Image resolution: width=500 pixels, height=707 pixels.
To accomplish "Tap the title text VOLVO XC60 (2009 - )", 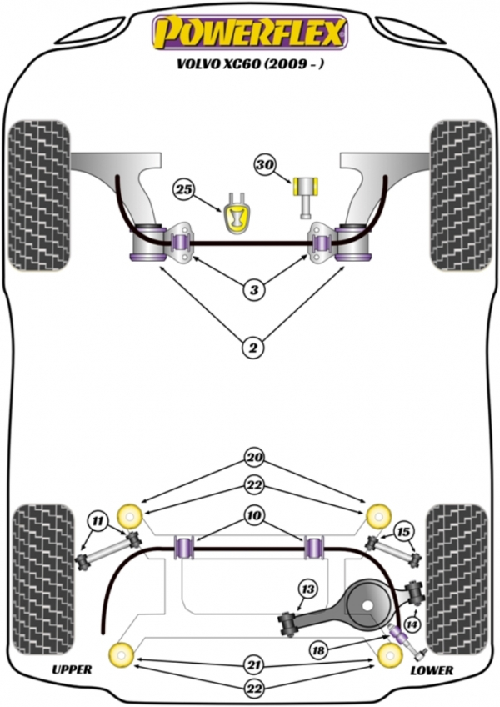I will [250, 65].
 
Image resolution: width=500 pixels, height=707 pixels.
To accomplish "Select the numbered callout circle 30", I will [266, 166].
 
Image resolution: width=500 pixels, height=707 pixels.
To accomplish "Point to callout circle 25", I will [184, 190].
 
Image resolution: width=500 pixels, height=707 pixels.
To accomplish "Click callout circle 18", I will [318, 649].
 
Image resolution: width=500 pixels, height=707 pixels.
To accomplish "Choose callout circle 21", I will [252, 665].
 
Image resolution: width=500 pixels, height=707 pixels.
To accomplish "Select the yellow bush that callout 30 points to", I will [307, 185].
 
